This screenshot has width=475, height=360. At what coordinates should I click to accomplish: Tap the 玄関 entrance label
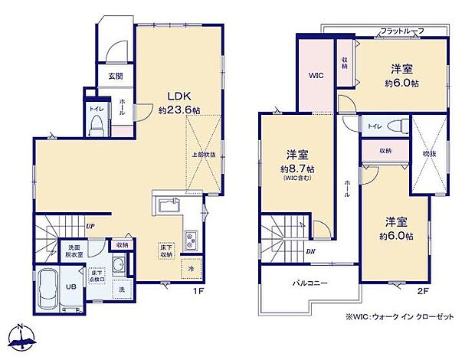[114, 75]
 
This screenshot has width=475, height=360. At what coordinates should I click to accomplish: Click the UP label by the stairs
[90, 226]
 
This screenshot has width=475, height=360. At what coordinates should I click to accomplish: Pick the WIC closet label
[316, 75]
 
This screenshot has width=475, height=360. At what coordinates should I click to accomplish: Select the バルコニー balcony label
[310, 283]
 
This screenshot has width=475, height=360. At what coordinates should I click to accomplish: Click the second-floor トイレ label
[375, 126]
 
